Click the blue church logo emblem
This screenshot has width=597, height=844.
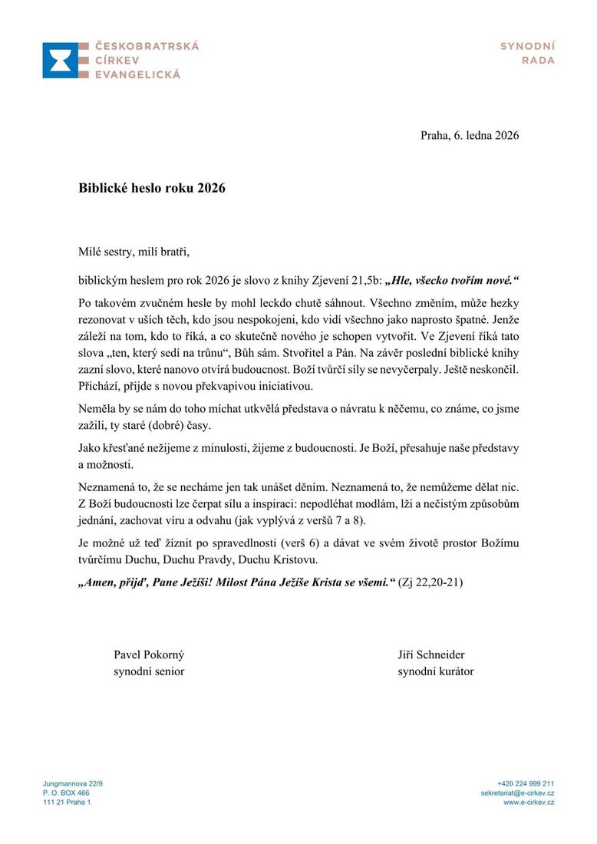61,60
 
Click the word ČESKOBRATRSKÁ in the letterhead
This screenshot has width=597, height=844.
147,46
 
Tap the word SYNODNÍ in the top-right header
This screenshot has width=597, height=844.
527,46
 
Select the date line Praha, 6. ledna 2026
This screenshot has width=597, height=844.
470,136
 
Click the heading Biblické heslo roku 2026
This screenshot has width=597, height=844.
152,188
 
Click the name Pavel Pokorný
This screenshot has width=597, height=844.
149,654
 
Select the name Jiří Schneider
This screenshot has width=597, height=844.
431,654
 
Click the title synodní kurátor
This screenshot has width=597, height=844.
435,671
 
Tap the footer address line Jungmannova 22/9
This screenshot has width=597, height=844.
73,783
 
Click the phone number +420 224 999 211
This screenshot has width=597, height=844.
526,783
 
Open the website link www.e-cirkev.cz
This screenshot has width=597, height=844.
529,802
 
